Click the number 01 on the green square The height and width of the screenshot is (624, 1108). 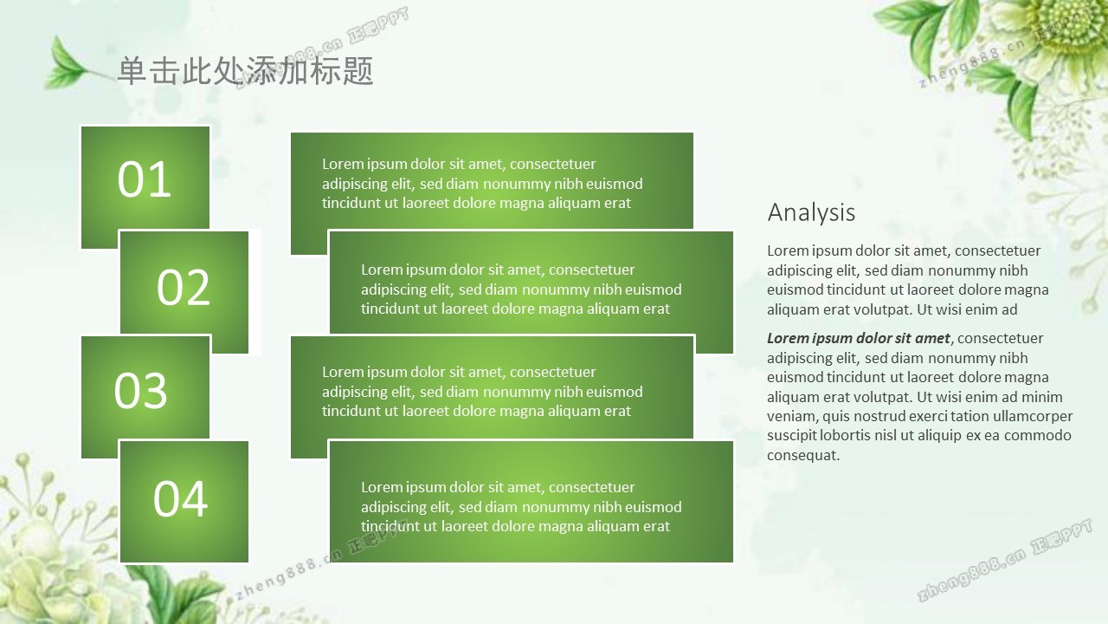(144, 179)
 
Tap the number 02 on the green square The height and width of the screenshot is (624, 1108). (183, 287)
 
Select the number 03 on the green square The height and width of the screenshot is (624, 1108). (140, 390)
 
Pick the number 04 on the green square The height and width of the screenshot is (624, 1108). (180, 498)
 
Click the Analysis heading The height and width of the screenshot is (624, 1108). (811, 213)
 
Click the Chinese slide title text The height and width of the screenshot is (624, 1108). (245, 70)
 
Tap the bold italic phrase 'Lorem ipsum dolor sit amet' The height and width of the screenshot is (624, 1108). (858, 338)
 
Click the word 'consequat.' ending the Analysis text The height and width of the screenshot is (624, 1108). (803, 455)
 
